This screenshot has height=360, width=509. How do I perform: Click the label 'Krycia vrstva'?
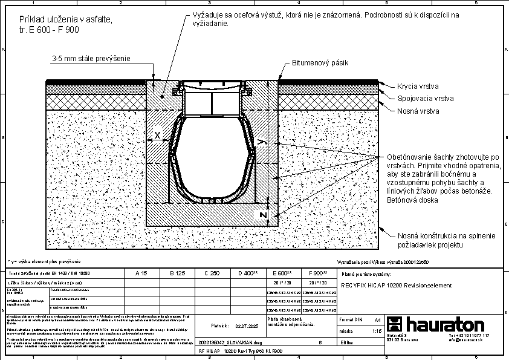pos(418,87)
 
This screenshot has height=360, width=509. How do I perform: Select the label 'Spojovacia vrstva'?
pos(426,98)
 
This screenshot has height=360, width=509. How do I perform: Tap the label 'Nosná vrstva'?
pos(418,111)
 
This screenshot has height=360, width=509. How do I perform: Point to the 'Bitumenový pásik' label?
pos(320,62)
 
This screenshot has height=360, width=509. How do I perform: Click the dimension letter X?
pos(157,136)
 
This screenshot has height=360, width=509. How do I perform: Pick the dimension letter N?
pos(262,215)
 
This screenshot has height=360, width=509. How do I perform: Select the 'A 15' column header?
pos(141,273)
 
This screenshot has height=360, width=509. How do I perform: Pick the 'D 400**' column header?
pos(248,273)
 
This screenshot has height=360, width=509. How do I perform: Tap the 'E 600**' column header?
pos(282,273)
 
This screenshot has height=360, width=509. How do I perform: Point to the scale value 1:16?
pos(376,331)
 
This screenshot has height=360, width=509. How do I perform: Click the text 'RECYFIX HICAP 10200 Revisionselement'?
pos(397,285)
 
